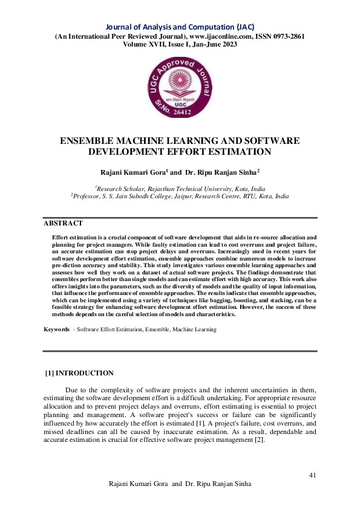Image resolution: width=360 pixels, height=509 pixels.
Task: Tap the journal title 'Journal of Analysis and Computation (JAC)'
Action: click(x=180, y=27)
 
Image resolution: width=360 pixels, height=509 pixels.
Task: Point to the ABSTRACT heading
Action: click(x=62, y=223)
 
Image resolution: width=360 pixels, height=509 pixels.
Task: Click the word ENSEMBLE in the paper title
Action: click(x=87, y=140)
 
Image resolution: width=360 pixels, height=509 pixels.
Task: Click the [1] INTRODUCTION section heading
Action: click(x=80, y=373)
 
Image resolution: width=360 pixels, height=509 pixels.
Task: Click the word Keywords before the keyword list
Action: click(x=56, y=329)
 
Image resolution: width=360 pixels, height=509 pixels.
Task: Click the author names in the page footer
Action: click(x=180, y=485)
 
